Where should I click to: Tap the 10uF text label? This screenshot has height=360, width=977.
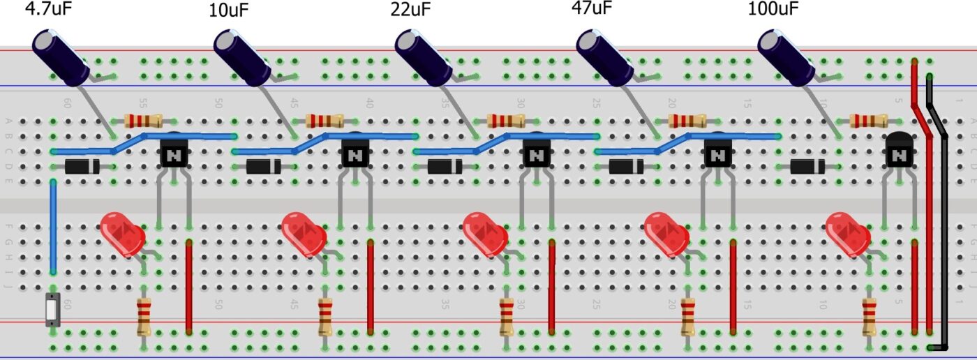[x=228, y=10]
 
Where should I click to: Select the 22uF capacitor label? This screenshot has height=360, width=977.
[x=410, y=10]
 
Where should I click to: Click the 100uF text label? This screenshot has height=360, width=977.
[x=775, y=10]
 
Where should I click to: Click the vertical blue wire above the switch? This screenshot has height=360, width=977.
[x=53, y=227]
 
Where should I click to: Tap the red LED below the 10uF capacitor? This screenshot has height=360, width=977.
[x=304, y=233]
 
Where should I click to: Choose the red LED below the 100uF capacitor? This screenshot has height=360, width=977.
[x=847, y=233]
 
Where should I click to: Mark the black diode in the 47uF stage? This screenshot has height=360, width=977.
[x=626, y=167]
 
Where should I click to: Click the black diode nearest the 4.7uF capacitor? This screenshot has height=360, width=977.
[x=82, y=167]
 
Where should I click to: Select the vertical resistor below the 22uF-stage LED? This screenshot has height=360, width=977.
[x=507, y=317]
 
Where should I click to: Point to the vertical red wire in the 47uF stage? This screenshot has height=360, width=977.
[x=733, y=286]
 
